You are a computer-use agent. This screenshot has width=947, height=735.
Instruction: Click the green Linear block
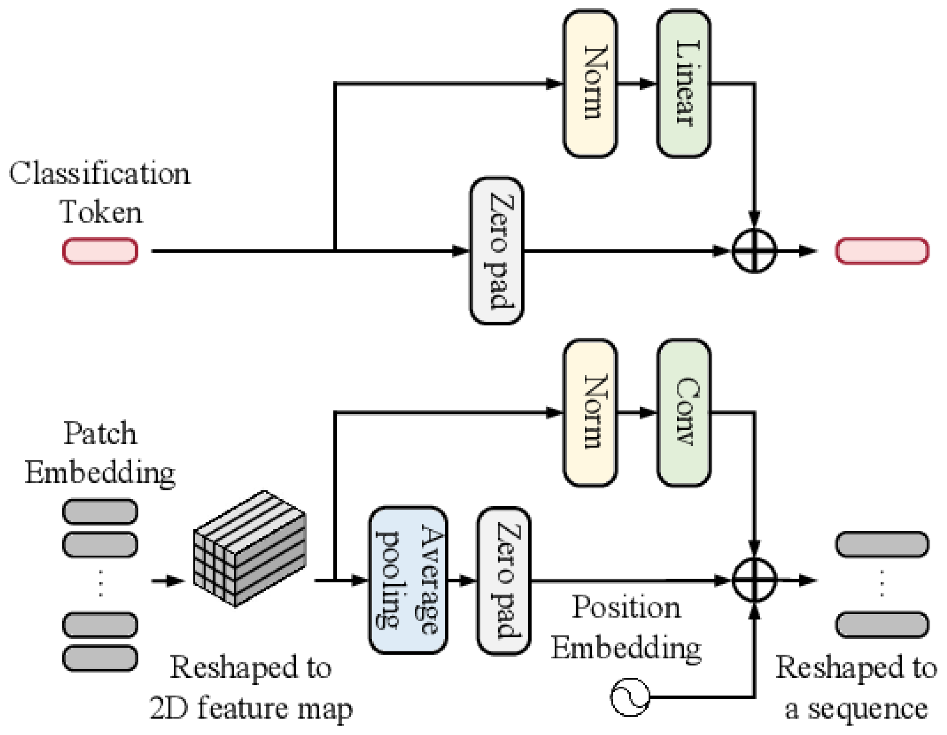click(x=684, y=84)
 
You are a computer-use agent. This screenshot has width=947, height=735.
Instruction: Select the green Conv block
click(x=684, y=413)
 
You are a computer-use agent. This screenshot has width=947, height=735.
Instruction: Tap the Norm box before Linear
click(x=590, y=84)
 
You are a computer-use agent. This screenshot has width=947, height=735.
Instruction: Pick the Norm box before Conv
click(x=590, y=413)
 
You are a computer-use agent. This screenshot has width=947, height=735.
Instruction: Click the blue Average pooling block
click(x=408, y=580)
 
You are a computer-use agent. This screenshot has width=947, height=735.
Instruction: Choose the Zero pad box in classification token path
click(x=496, y=250)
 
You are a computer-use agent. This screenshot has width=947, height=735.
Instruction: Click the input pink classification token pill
click(x=100, y=250)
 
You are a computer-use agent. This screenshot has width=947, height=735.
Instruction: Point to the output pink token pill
click(x=882, y=250)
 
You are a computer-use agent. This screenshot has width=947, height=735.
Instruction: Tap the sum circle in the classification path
click(x=754, y=250)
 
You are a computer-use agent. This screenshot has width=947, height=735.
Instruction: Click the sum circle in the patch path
click(x=754, y=580)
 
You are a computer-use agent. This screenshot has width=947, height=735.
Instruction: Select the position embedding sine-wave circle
click(x=630, y=697)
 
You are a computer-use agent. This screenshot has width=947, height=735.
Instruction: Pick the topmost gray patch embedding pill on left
click(x=100, y=511)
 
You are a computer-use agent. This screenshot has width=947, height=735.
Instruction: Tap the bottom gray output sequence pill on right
click(x=882, y=625)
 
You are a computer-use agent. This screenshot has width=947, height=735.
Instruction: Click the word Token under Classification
click(x=101, y=212)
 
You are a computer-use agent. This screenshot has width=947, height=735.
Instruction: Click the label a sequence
click(x=857, y=710)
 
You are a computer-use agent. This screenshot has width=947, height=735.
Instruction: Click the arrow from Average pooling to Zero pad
click(x=462, y=580)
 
